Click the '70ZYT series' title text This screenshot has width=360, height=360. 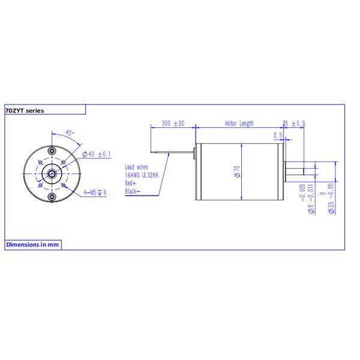pyautogui.click(x=25, y=110)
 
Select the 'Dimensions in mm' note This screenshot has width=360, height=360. pyautogui.click(x=32, y=245)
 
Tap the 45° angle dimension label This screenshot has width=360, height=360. pyautogui.click(x=70, y=133)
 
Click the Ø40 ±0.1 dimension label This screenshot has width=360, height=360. pyautogui.click(x=100, y=154)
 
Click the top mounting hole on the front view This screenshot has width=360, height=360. pyautogui.click(x=52, y=149)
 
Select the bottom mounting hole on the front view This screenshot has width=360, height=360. pyautogui.click(x=52, y=197)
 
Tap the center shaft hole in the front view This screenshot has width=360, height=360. pyautogui.click(x=52, y=173)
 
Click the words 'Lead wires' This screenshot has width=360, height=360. pyautogui.click(x=137, y=167)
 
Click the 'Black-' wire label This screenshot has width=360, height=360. pyautogui.click(x=133, y=191)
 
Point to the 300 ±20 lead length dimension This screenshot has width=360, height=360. pyautogui.click(x=173, y=124)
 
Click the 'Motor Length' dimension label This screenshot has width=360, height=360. pyautogui.click(x=239, y=124)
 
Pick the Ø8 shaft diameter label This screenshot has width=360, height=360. pyautogui.click(x=310, y=198)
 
